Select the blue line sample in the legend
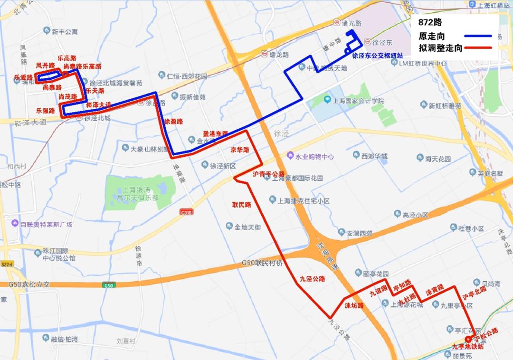coord(477,36)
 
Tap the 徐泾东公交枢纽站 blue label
coord(378,55)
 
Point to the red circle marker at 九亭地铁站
coord(468,339)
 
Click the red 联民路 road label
coord(241,205)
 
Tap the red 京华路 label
coord(240,150)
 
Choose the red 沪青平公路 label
coord(268,174)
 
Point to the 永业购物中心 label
coord(314,156)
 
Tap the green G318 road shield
coord(187,212)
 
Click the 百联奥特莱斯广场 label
coord(45,224)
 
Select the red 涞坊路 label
coord(354,305)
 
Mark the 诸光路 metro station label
coord(351,23)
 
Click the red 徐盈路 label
coord(173,122)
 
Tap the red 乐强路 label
coord(45,110)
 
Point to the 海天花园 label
coord(437,159)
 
